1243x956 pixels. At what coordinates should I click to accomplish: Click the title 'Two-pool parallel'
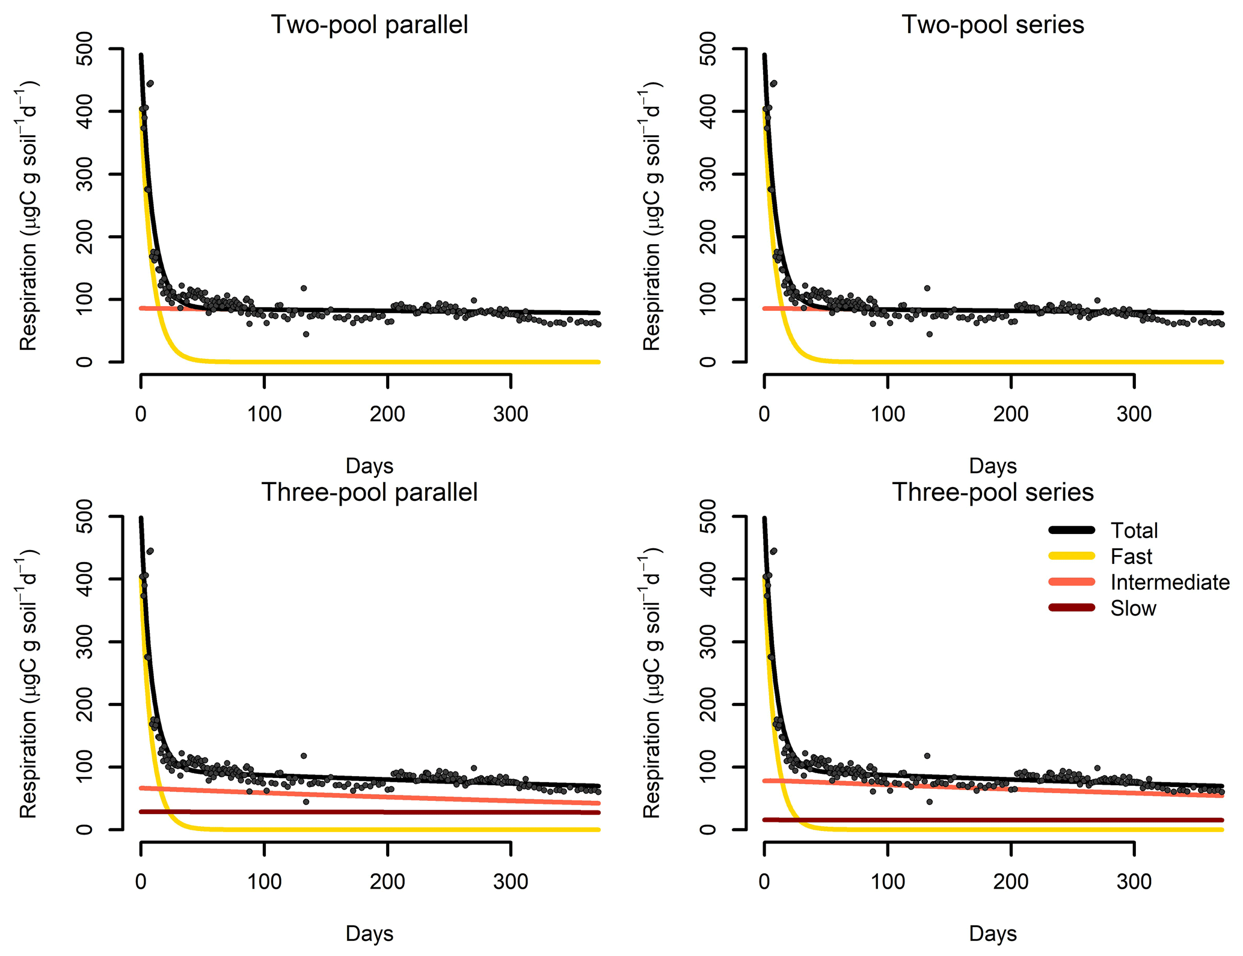click(369, 25)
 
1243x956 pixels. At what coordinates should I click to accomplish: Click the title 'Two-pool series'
click(992, 25)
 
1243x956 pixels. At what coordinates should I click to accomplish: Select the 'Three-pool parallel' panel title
click(369, 492)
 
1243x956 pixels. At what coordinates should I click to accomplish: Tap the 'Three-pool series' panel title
click(992, 492)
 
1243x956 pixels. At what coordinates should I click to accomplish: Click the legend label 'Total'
click(1134, 530)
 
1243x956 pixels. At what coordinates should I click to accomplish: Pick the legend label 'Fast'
click(1131, 557)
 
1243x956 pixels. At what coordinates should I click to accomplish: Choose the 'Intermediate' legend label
click(1170, 583)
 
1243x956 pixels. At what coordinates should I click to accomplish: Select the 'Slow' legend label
click(1133, 608)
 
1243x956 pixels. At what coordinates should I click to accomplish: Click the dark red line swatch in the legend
click(1072, 608)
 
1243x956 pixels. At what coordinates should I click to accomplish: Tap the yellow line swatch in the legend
click(1072, 556)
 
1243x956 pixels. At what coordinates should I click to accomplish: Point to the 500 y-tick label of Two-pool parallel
click(85, 49)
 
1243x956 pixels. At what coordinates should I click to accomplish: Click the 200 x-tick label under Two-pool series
click(1011, 414)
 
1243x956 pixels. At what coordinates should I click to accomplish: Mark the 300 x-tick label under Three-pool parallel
click(511, 882)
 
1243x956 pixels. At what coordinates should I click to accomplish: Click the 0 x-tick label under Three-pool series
click(764, 882)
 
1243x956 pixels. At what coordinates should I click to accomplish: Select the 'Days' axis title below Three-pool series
click(992, 934)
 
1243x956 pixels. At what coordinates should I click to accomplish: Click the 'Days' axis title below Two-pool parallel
click(369, 466)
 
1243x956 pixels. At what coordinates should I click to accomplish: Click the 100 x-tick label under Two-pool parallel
click(264, 414)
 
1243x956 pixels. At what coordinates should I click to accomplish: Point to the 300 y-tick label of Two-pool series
click(708, 174)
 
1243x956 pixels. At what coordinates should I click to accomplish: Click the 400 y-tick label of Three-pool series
click(708, 579)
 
